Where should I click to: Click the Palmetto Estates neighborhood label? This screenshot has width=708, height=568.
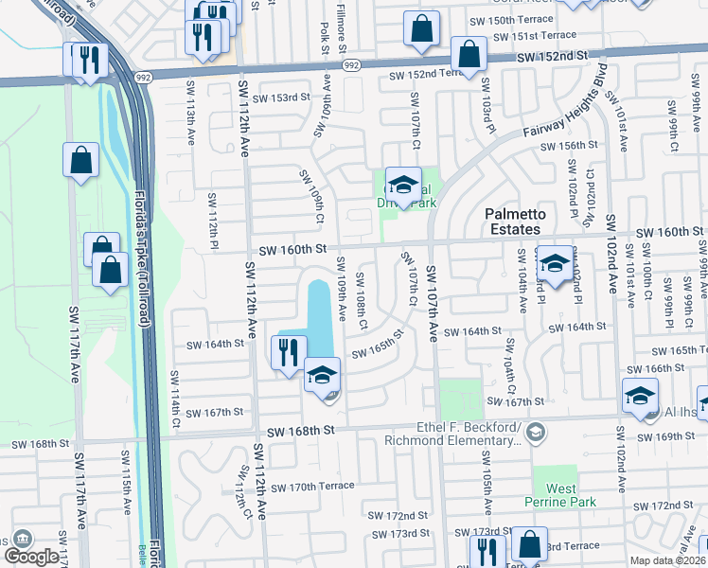(512, 222)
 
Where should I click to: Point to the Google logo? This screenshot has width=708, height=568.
(31, 556)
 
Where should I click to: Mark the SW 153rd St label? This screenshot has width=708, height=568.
(283, 97)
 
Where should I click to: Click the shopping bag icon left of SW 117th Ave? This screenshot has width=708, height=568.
(81, 162)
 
